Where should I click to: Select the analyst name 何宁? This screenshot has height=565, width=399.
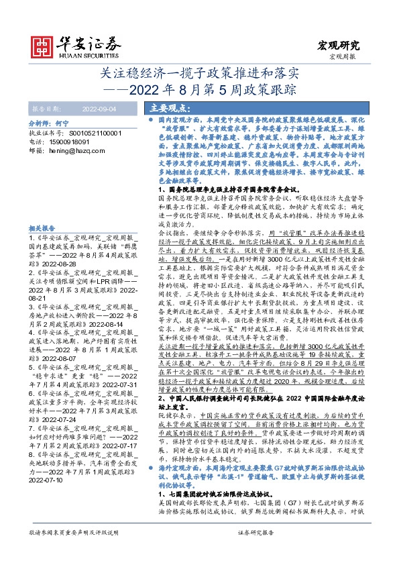(x=62, y=124)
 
